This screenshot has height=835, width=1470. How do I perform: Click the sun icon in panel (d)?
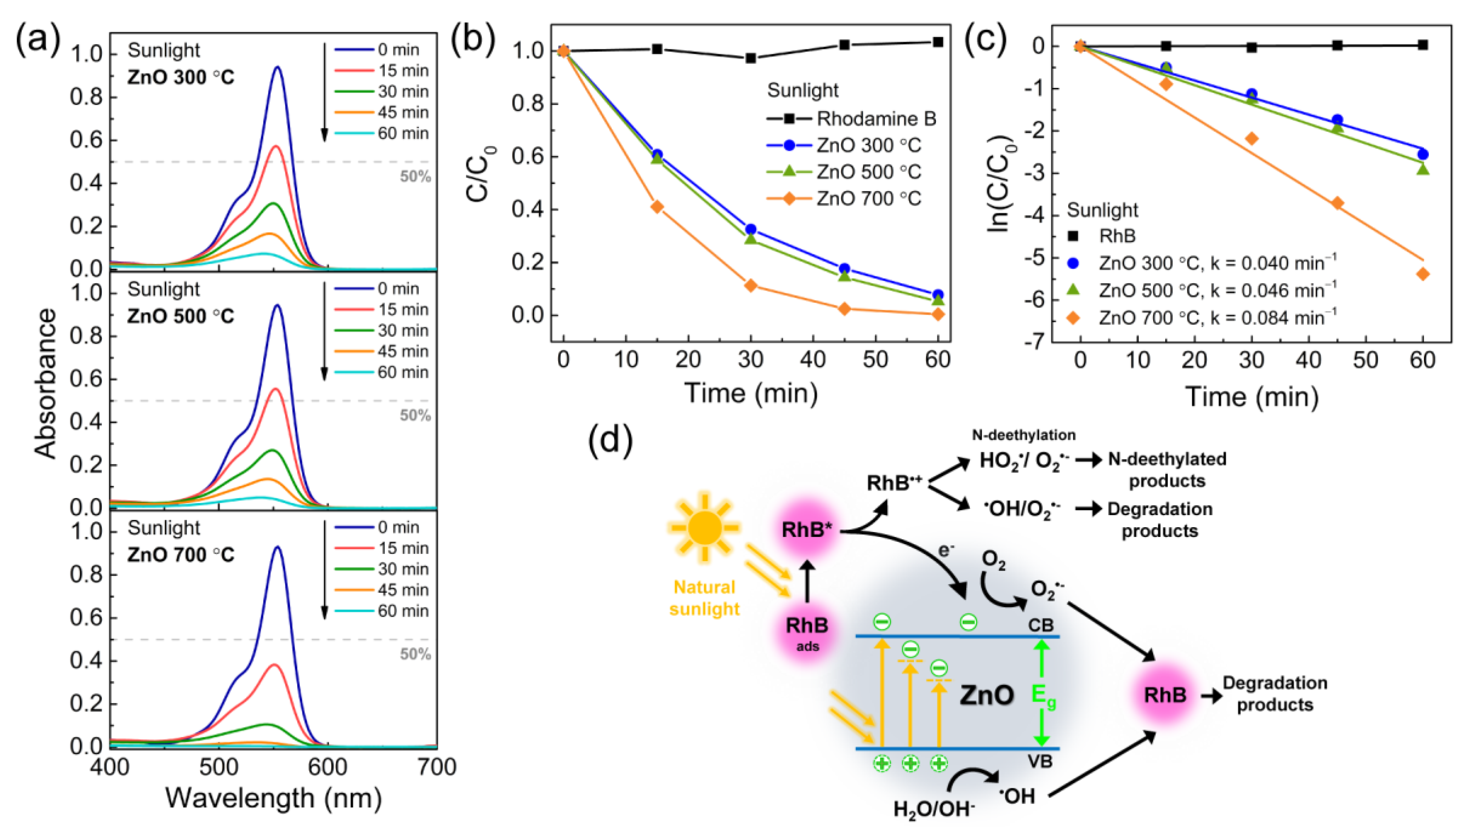(x=705, y=526)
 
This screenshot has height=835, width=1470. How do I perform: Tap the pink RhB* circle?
(x=806, y=529)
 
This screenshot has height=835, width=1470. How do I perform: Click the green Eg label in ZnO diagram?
(x=1043, y=695)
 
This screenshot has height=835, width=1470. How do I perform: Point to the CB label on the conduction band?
(x=1040, y=625)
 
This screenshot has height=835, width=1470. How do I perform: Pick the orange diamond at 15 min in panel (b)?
(x=657, y=206)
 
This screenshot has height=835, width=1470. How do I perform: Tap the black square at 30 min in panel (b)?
(x=750, y=58)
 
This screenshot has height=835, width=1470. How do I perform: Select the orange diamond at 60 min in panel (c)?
(x=1422, y=274)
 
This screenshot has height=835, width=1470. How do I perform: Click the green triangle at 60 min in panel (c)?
(x=1422, y=169)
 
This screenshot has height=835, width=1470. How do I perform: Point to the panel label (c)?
(x=985, y=40)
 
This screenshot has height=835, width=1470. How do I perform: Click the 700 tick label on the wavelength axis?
(x=437, y=767)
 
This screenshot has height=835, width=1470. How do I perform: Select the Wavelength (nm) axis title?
(x=274, y=798)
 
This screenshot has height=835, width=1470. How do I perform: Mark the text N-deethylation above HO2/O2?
(x=1024, y=435)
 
